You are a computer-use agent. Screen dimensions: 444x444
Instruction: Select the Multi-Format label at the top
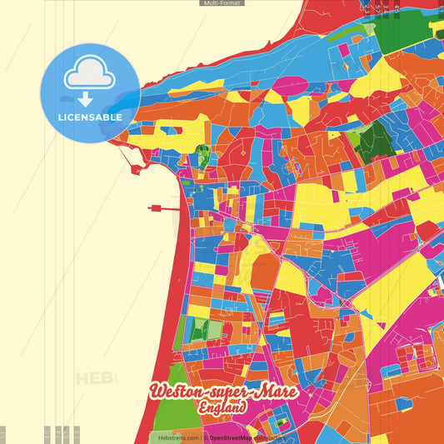[222, 3]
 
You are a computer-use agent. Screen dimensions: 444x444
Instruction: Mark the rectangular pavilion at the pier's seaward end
[154, 208]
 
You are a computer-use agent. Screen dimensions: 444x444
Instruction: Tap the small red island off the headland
[135, 168]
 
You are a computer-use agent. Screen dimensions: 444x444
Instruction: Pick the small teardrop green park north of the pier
[202, 154]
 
